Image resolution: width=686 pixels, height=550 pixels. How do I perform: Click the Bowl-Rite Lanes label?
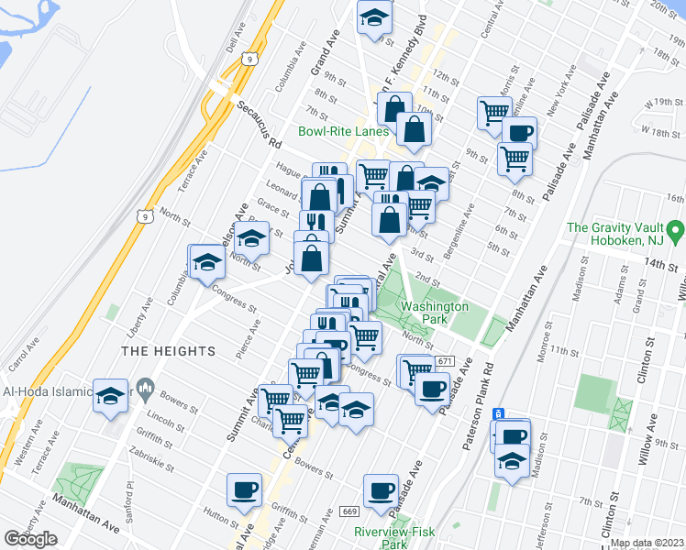pos(344,131)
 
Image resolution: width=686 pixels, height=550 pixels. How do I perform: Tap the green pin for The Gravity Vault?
pos(676,227)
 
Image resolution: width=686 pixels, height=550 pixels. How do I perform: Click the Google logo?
pos(30,539)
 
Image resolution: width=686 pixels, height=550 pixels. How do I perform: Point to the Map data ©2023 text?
pos(647,543)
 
